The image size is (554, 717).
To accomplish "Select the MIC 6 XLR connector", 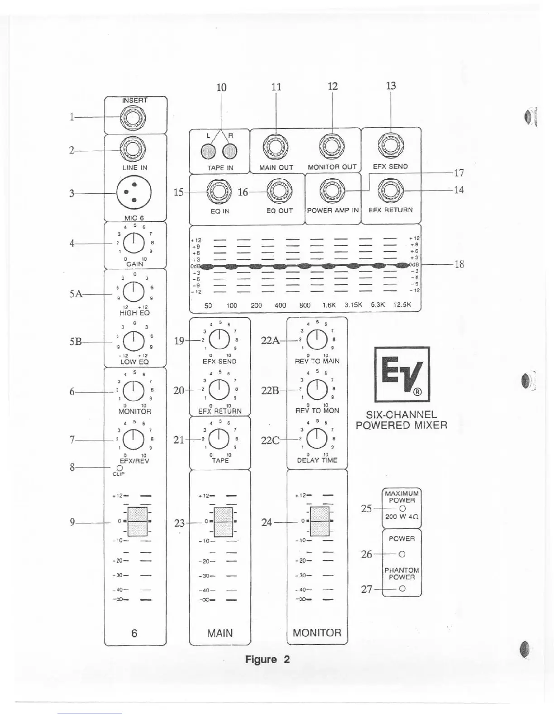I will (x=134, y=193).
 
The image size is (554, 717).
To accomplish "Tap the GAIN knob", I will (x=134, y=244).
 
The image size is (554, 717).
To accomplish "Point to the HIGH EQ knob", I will (x=134, y=292).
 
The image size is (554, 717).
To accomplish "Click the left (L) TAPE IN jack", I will (x=209, y=151).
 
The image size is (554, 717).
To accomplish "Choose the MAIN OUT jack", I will (x=277, y=147).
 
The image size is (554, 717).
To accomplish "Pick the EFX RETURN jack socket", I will (x=391, y=190).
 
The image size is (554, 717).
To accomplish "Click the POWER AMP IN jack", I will (x=333, y=191).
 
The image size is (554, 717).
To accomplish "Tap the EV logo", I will (x=402, y=374).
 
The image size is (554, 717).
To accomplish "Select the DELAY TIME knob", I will (x=317, y=438).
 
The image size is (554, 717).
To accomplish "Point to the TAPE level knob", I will (x=220, y=438).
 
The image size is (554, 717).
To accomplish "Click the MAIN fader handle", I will (x=223, y=521).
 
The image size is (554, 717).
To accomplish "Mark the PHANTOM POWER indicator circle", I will (x=402, y=589).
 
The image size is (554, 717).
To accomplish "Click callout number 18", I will (x=459, y=264).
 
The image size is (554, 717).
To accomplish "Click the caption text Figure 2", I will (x=267, y=659).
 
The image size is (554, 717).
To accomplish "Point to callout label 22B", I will (x=270, y=390).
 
